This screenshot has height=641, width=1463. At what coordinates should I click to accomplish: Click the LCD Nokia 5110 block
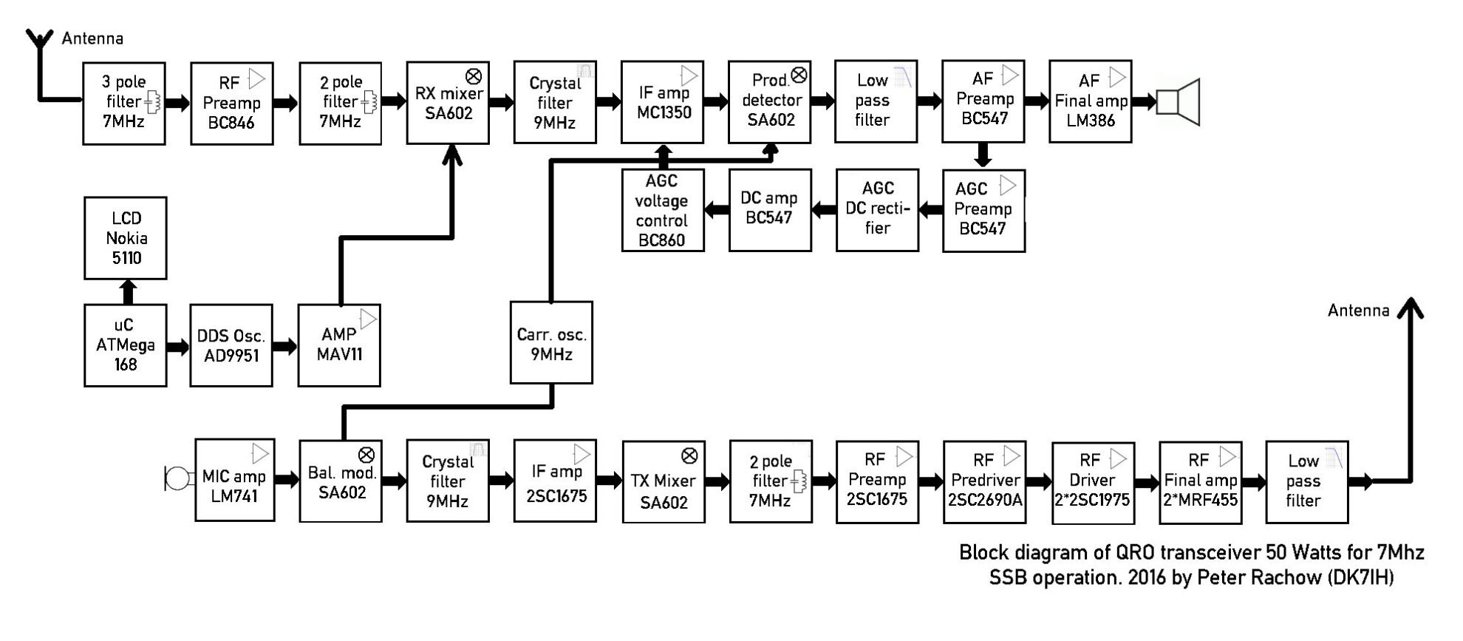(x=126, y=238)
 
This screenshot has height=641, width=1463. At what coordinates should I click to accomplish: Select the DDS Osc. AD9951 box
(x=231, y=345)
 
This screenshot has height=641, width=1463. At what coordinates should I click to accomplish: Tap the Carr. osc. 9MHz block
(x=551, y=342)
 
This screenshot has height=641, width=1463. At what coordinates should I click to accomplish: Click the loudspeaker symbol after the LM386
(x=1178, y=102)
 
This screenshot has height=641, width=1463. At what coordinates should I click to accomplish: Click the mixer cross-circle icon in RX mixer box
(x=474, y=76)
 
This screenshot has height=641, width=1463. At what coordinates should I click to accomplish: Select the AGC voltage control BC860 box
(x=662, y=211)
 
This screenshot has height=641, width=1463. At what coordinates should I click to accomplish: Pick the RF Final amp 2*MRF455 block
(x=1200, y=481)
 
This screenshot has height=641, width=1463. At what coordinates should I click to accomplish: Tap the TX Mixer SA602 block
(x=664, y=482)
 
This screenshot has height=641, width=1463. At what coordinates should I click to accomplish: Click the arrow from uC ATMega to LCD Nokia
(x=128, y=292)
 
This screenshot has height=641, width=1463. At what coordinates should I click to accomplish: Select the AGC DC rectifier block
(x=877, y=210)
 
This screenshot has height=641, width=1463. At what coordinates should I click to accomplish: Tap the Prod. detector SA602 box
(x=769, y=102)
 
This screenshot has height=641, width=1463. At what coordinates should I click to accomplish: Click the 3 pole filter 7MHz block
(x=124, y=104)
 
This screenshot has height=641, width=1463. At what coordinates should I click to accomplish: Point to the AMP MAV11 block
(x=339, y=345)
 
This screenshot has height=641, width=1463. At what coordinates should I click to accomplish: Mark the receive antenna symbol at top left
(x=39, y=41)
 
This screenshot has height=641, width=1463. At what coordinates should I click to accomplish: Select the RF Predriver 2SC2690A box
(x=985, y=481)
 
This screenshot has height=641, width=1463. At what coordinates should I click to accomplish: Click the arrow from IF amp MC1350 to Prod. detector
(x=715, y=102)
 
